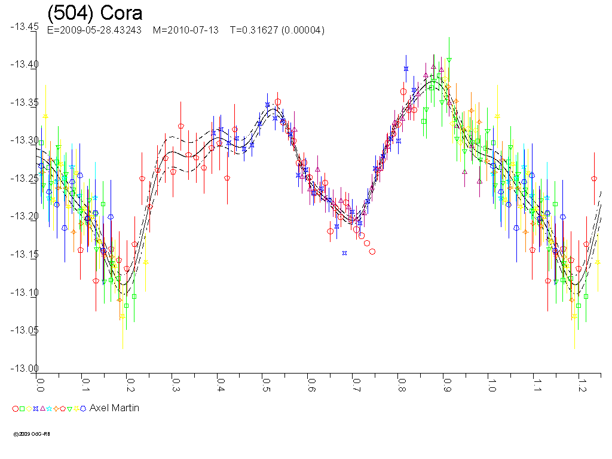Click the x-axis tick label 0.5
pos(265,382)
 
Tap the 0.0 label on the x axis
pos(41,382)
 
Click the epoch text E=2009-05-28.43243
pos(94,30)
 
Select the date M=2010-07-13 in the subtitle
pos(186,30)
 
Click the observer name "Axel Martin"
pos(114,408)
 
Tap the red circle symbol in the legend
pos(16,409)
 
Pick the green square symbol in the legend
pos(22,409)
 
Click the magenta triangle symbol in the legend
pos(42,408)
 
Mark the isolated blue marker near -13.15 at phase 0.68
pos(345,253)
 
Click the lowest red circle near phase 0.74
pos(372,252)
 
